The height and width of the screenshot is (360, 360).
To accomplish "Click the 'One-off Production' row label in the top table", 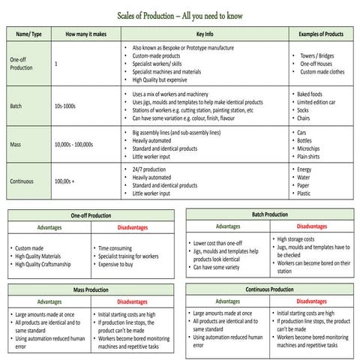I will (x=22, y=63).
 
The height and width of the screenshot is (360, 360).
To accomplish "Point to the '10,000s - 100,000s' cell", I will (x=73, y=145).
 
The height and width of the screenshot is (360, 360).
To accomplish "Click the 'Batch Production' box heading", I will (x=269, y=214).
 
